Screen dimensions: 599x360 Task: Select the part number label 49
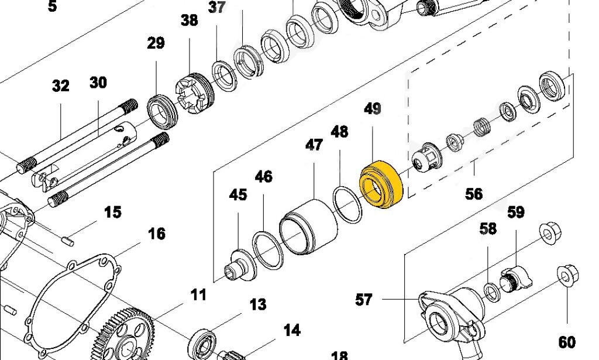click(x=373, y=109)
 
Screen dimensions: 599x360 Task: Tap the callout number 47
click(x=314, y=145)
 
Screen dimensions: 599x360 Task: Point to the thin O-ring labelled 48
click(x=347, y=204)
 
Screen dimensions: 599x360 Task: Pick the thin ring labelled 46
click(x=268, y=251)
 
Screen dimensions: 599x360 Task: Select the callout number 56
click(x=474, y=194)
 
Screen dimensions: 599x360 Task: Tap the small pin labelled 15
click(x=68, y=241)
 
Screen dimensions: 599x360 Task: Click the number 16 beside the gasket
click(x=157, y=234)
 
